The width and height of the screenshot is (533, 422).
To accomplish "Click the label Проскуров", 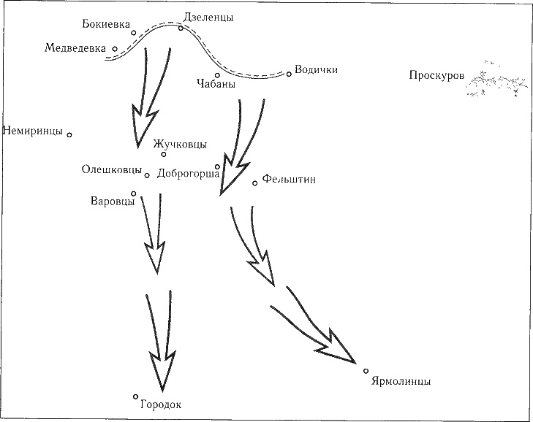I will (436, 75).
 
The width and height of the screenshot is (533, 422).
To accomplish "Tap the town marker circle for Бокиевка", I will (133, 32).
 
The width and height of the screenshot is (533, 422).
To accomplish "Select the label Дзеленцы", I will (209, 18).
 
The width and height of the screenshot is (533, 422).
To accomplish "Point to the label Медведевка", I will (75, 48).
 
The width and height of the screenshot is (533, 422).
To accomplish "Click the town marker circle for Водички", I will (289, 74).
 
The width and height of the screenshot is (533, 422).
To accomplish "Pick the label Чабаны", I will (216, 85).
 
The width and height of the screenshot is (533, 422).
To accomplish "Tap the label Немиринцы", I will (33, 131).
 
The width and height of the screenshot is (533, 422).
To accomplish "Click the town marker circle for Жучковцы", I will (164, 154).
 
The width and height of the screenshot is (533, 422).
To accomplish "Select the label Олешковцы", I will (112, 170).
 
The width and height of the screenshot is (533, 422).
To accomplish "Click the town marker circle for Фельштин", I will (255, 183).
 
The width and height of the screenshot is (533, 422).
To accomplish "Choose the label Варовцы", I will (110, 201).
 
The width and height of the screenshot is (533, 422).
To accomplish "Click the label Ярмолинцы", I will (401, 381).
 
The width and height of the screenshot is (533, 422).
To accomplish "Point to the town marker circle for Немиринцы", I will (69, 134).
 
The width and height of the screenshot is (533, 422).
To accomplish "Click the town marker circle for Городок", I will (136, 396).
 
